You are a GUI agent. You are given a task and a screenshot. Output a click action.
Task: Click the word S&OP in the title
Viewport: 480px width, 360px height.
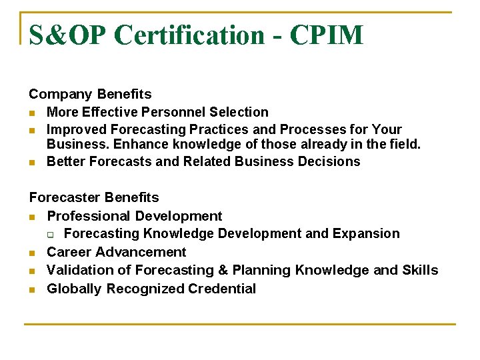[67, 35]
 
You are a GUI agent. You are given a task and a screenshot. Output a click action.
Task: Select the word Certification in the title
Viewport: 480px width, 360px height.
[189, 35]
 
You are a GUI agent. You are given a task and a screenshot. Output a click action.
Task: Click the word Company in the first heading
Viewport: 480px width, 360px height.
[61, 95]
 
